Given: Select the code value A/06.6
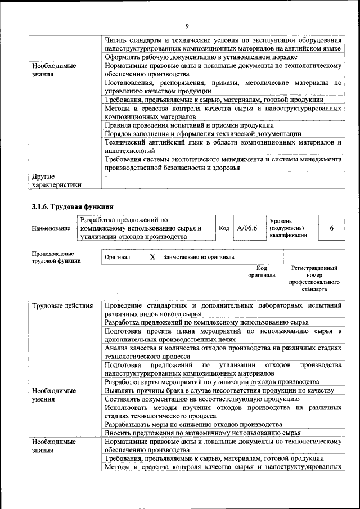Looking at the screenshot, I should (x=247, y=228).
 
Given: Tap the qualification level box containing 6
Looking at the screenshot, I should (x=331, y=228).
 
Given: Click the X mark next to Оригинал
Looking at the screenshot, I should (x=152, y=257).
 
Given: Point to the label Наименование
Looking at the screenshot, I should (x=51, y=228).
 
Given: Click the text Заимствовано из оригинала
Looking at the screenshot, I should (x=199, y=257).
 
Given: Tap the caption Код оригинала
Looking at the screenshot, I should (x=262, y=272).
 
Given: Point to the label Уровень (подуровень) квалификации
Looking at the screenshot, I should (x=289, y=228).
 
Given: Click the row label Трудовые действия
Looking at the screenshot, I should (x=62, y=306).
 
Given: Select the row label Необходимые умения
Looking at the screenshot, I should (x=54, y=395).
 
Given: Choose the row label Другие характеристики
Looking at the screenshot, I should (x=57, y=180).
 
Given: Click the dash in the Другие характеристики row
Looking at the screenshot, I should (x=106, y=177).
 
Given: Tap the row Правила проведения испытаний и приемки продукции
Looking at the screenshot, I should (x=190, y=125).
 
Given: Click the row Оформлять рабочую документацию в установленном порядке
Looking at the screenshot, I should (x=201, y=57).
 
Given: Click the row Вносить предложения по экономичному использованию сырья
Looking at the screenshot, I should (x=202, y=433).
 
